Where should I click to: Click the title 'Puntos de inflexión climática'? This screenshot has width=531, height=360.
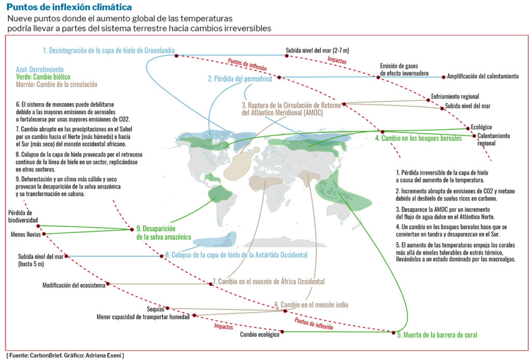tap(69, 7)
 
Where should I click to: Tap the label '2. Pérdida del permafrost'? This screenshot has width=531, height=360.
tap(241, 79)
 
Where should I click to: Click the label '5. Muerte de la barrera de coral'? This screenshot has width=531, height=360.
tap(437, 335)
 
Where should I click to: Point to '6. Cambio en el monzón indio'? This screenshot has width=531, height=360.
tap(311, 304)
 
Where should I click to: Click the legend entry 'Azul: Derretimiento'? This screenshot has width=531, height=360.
tap(40, 69)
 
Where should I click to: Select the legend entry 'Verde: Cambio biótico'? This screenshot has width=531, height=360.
tap(43, 76)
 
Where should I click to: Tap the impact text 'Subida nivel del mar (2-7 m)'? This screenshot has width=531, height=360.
tap(317, 51)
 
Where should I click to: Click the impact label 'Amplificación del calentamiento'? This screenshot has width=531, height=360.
tap(483, 76)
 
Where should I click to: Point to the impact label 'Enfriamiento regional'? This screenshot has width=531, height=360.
tap(455, 96)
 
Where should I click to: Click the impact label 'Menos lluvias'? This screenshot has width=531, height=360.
tap(26, 234)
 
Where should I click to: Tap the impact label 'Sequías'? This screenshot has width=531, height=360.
tap(155, 309)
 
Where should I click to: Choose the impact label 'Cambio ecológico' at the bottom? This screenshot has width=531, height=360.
tap(259, 335)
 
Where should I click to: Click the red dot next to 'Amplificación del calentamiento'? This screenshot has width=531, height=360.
tap(443, 77)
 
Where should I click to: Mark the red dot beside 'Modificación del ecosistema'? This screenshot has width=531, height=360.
tap(107, 284)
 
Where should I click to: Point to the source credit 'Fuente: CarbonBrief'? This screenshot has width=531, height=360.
tap(36, 355)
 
